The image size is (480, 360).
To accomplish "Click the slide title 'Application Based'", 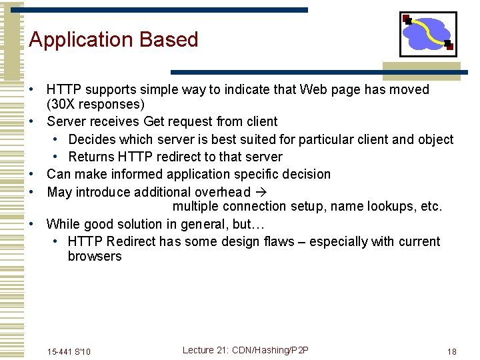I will [x=113, y=40].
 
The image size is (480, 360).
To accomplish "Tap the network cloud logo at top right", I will [x=427, y=34].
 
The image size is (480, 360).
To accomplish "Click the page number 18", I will [x=451, y=351].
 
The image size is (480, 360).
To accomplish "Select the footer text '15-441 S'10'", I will [x=69, y=351].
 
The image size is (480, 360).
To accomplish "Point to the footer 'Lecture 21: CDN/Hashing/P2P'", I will [x=245, y=351].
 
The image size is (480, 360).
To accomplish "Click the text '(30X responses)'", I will [x=95, y=105].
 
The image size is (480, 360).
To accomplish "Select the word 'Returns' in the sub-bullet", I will [x=91, y=157].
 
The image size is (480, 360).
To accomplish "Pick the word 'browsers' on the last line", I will [x=95, y=256].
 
